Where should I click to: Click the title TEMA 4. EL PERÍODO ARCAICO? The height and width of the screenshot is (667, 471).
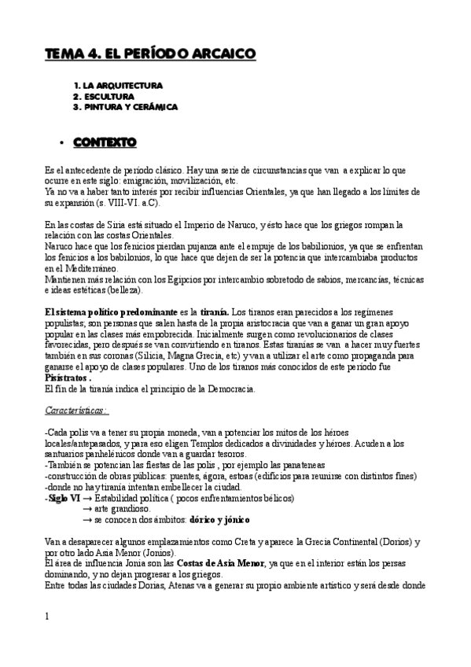[149, 53]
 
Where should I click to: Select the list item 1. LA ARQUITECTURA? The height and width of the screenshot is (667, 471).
[118, 85]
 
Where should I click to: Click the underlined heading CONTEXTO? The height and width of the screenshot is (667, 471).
[105, 142]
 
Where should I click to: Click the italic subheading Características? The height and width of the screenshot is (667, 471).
[76, 411]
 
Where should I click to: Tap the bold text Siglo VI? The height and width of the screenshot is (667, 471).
[64, 498]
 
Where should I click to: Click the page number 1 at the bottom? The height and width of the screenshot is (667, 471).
[47, 617]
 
